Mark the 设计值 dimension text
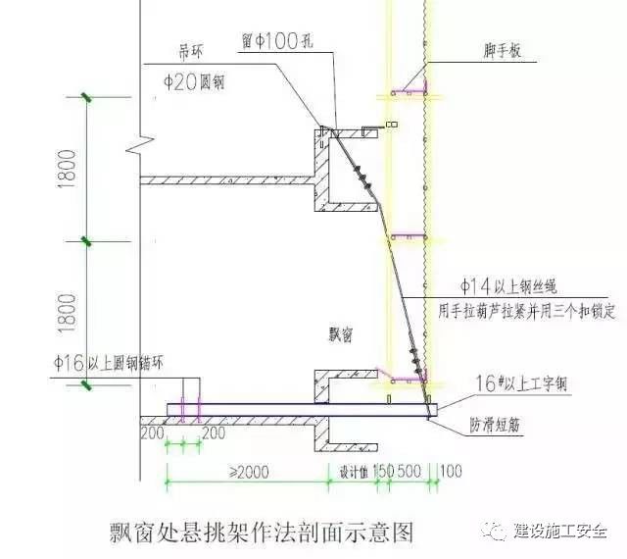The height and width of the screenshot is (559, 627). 349,472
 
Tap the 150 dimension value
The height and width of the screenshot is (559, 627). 382,472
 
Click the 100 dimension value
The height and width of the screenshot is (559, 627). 452,472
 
